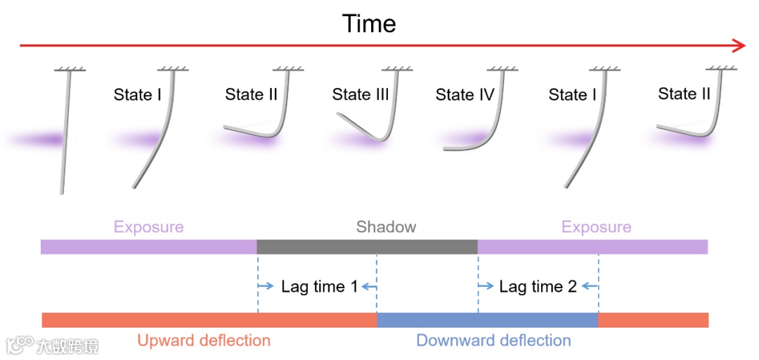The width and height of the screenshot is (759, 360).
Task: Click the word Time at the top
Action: [x=369, y=23]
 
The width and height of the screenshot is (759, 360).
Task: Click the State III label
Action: [x=360, y=94]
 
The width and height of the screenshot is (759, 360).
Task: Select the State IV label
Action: [x=465, y=94]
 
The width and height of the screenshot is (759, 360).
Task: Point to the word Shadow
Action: [x=386, y=226]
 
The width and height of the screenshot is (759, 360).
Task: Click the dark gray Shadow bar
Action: [x=367, y=247]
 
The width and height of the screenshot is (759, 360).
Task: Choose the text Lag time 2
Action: [x=538, y=286]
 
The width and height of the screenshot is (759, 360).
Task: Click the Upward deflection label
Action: [x=204, y=340]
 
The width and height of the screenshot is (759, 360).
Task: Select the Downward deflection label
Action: [x=493, y=340]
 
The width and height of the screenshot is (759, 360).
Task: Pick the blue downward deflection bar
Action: [x=487, y=320]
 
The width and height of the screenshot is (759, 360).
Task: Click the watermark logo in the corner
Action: [x=21, y=345]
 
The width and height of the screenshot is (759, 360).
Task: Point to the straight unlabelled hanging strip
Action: [x=65, y=134]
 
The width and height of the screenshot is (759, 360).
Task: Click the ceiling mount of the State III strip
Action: [x=398, y=69]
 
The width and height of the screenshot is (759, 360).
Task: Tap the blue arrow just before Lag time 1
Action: [x=266, y=286]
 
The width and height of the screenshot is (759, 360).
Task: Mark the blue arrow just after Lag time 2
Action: [x=590, y=286]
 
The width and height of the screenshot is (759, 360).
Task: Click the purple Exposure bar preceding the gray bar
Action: [x=148, y=247]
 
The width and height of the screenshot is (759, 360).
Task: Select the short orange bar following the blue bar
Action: [x=653, y=320]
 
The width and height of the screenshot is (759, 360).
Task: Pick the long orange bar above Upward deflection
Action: [x=209, y=320]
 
